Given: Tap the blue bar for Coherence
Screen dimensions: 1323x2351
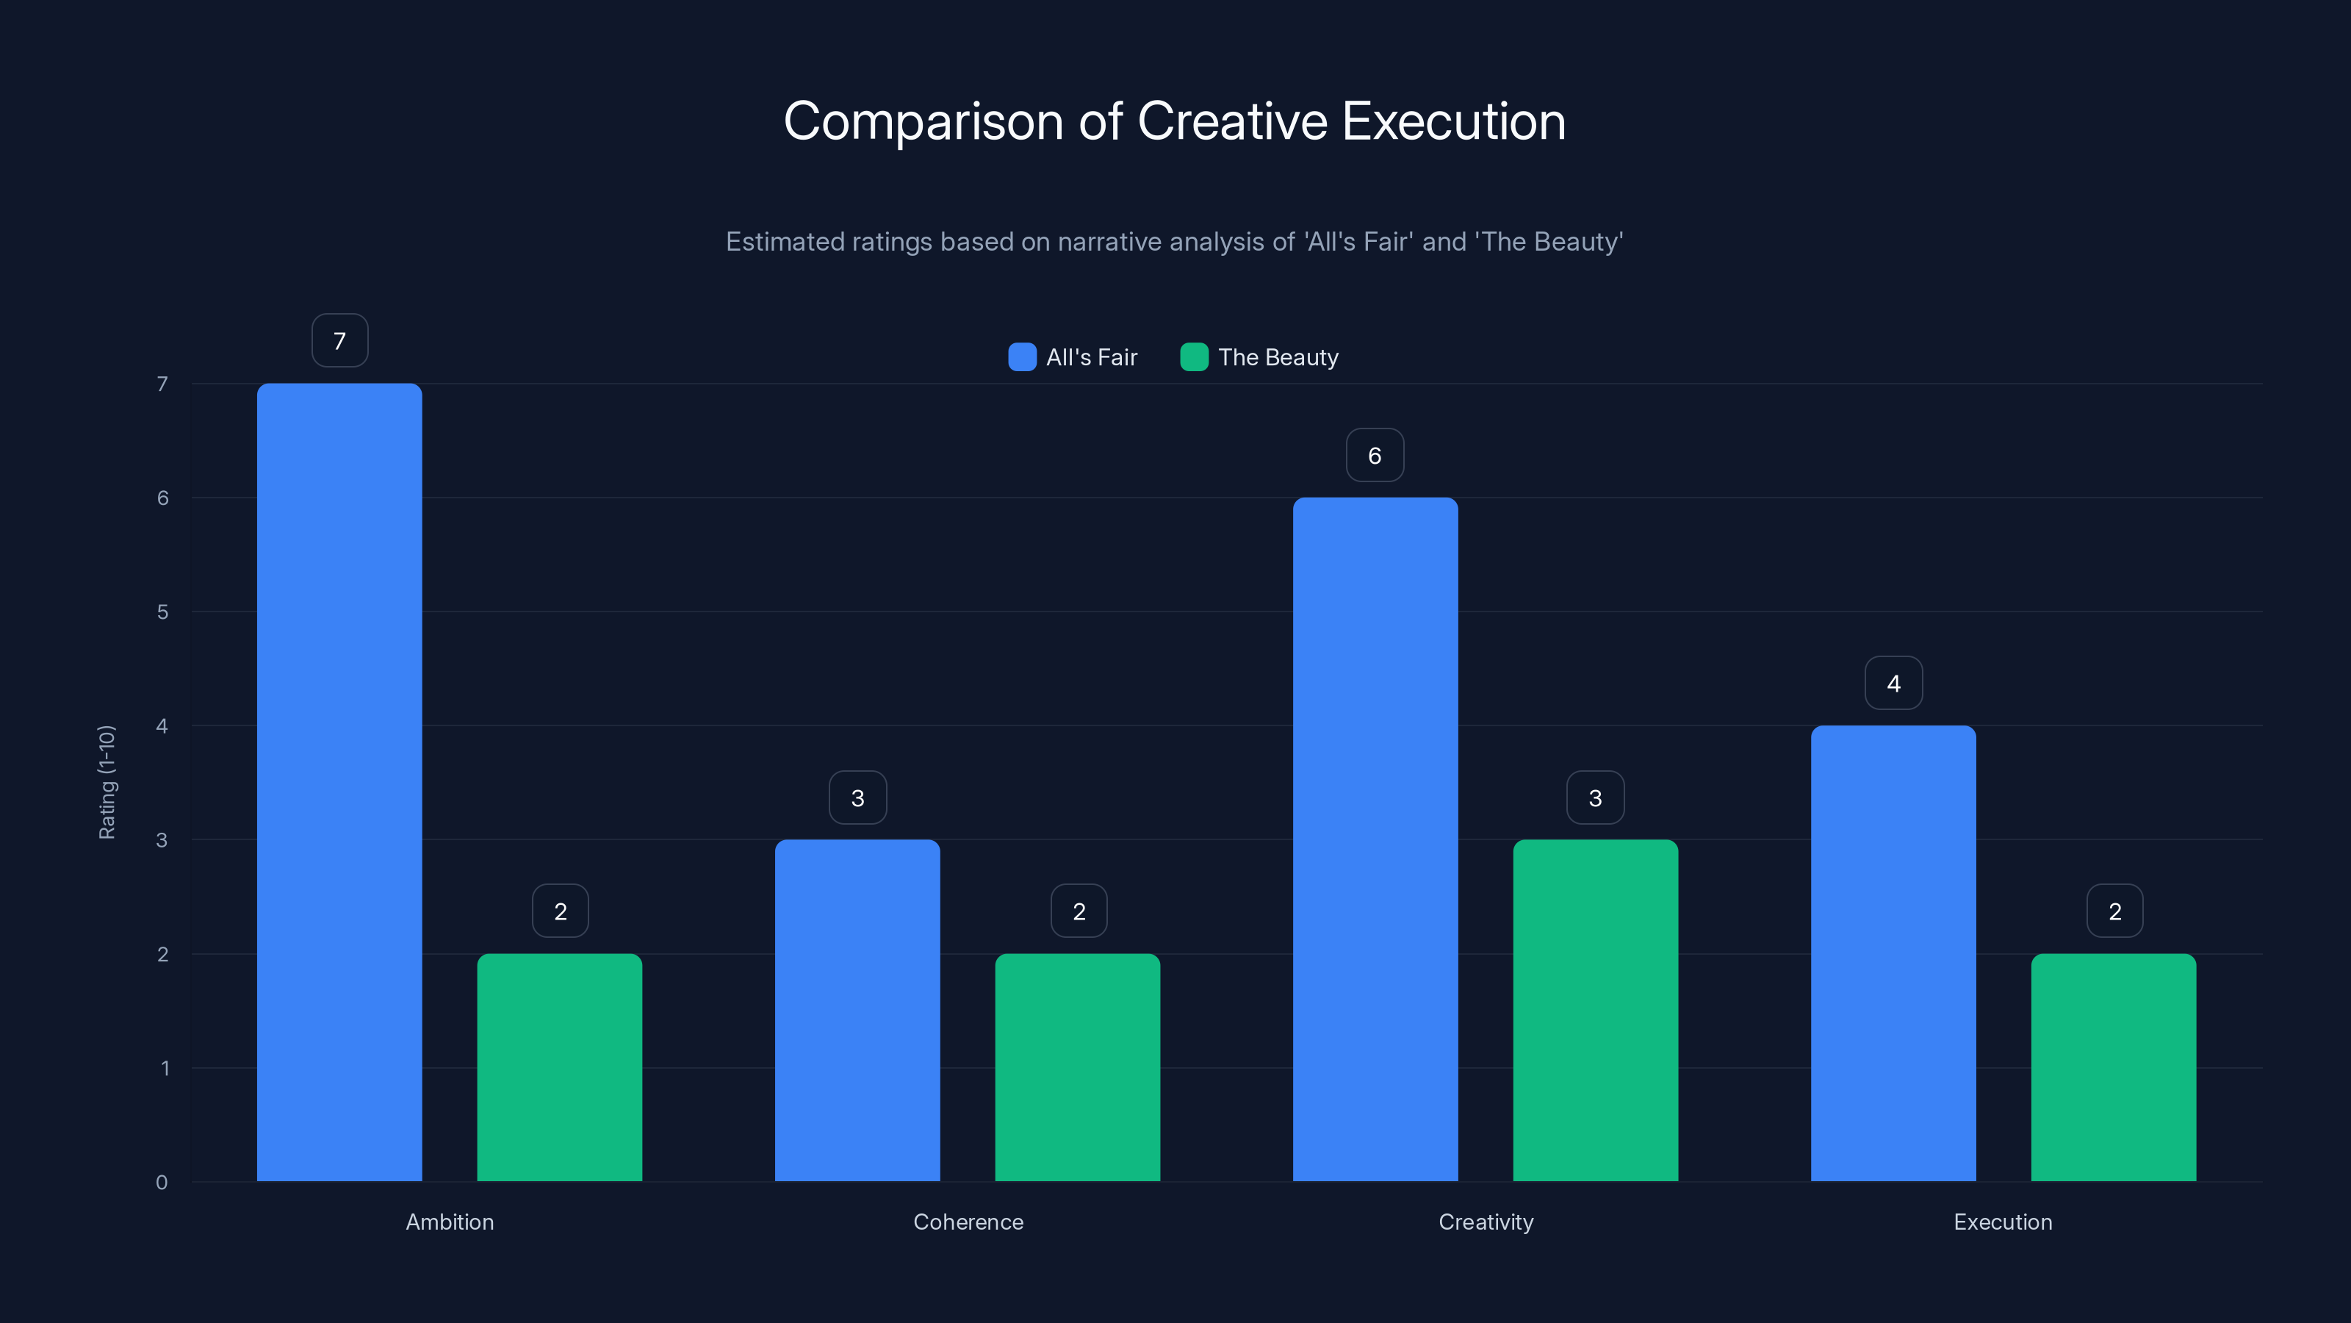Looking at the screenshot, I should click(x=857, y=1010).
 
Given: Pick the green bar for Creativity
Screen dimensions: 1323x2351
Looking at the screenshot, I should click(x=1595, y=1010).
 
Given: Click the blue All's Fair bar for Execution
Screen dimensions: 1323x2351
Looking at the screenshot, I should click(x=1893, y=953).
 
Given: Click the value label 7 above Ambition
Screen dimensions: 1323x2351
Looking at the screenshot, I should click(x=339, y=340).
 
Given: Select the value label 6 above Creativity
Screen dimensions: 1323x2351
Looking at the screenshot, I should click(x=1375, y=455).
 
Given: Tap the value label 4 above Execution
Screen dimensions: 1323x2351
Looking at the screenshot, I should click(x=1893, y=683).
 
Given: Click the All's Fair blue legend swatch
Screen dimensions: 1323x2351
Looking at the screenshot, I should click(x=1022, y=357).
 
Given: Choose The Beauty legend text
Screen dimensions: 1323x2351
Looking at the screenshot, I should click(x=1278, y=357).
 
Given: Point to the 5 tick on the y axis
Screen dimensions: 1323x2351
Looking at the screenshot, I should click(x=162, y=612).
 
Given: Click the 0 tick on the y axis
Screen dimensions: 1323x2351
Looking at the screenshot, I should click(x=162, y=1183).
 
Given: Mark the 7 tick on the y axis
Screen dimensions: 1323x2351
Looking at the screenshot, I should click(x=162, y=384).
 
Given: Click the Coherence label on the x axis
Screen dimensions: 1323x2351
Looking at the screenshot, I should click(x=968, y=1222).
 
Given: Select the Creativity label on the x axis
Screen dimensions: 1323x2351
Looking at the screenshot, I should click(x=1486, y=1222).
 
